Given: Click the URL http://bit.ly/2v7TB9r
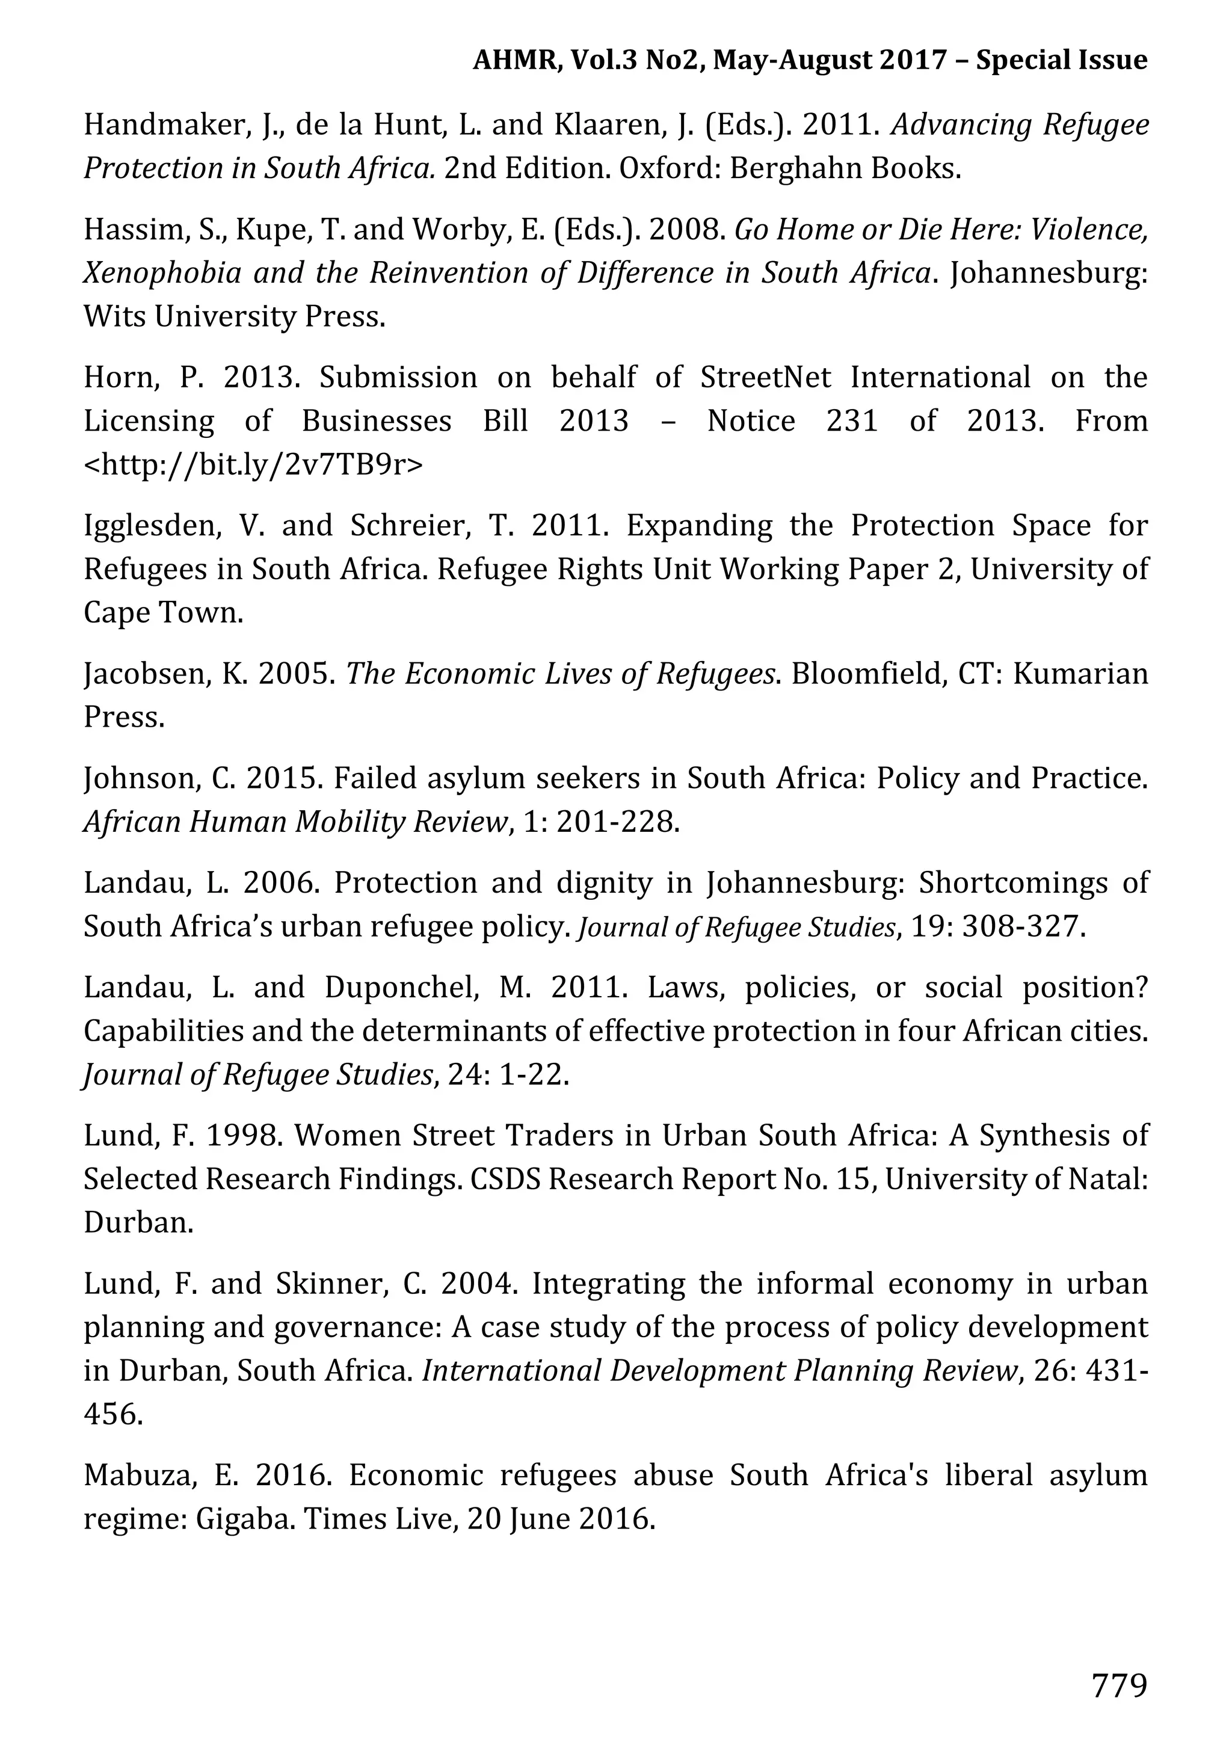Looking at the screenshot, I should pyautogui.click(x=253, y=464).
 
